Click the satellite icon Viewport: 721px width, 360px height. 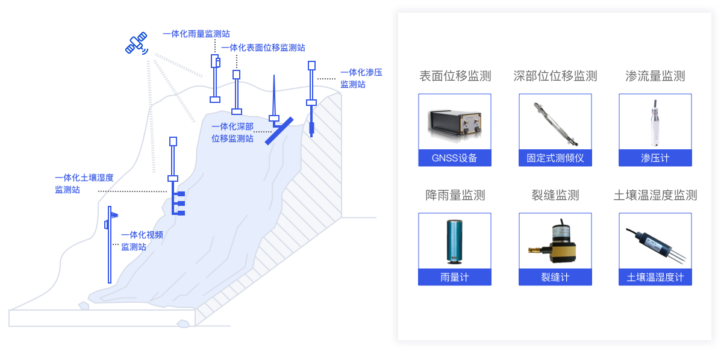[x=137, y=43]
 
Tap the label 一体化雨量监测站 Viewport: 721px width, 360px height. [x=196, y=34]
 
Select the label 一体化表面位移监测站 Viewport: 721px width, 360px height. [x=263, y=48]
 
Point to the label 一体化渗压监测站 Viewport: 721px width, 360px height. [x=361, y=79]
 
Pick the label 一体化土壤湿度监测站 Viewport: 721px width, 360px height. [x=84, y=184]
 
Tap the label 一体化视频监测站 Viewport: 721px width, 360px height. [x=142, y=240]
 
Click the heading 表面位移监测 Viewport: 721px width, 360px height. [x=455, y=76]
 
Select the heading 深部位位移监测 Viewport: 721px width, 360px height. [x=555, y=76]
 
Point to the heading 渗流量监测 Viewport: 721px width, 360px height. [x=655, y=76]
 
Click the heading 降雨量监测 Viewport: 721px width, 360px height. [x=455, y=195]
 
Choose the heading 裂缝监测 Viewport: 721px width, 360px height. [x=555, y=195]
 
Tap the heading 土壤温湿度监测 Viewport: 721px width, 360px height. [x=655, y=195]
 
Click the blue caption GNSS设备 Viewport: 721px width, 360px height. [x=455, y=158]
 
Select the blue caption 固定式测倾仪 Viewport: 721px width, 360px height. [x=555, y=158]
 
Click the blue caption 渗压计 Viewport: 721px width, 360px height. [x=655, y=158]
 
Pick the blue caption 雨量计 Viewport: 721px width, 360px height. [x=455, y=278]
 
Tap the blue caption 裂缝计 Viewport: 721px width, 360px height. [x=555, y=278]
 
